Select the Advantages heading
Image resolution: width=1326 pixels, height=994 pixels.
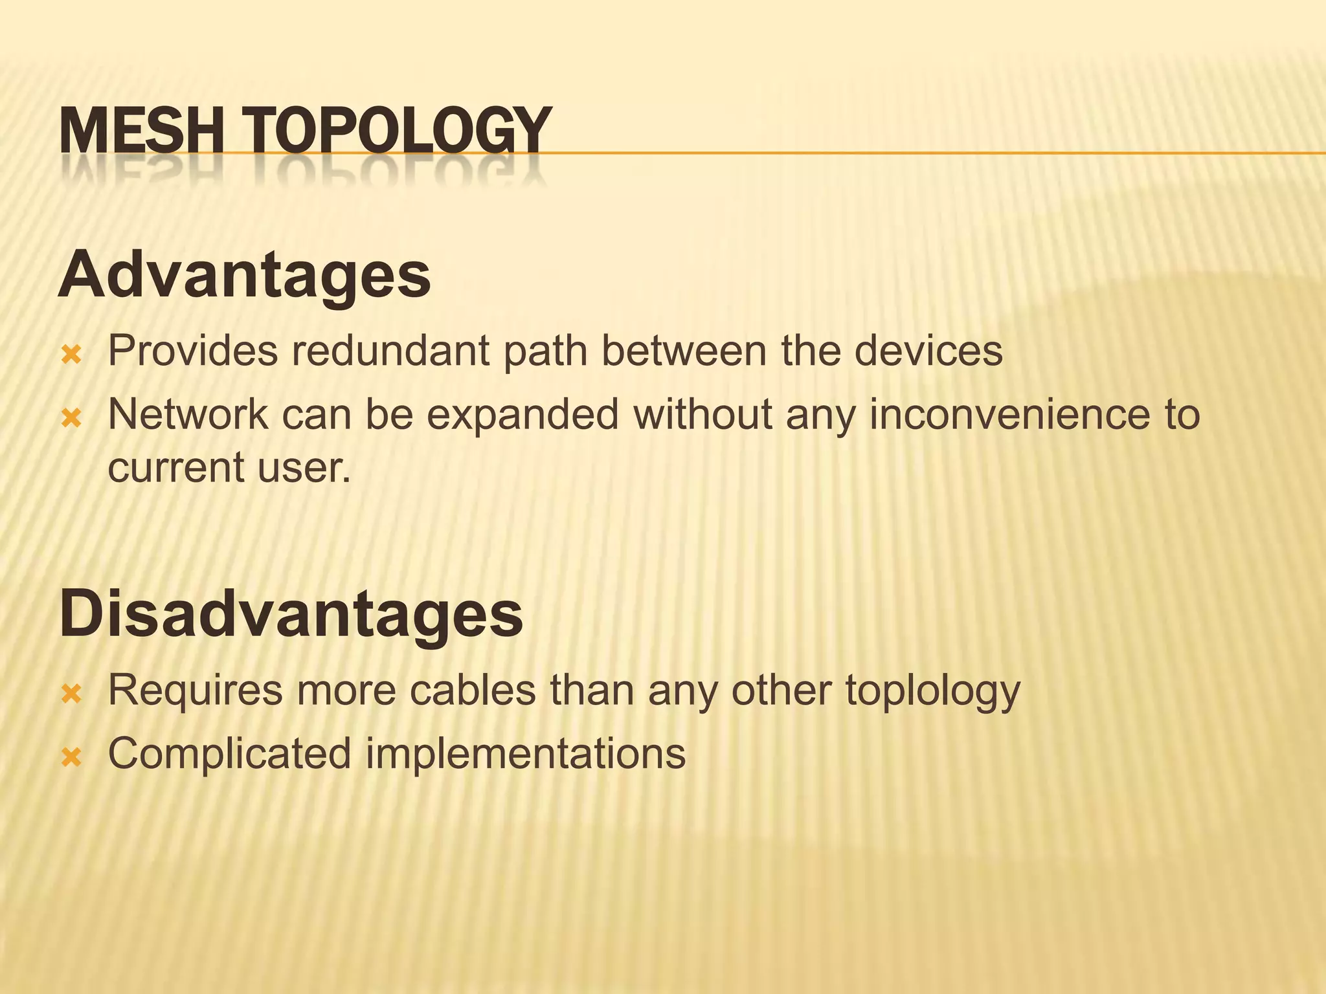click(245, 275)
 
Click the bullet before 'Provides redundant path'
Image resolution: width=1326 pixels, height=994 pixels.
click(71, 355)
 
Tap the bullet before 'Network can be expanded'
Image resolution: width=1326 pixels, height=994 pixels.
click(71, 418)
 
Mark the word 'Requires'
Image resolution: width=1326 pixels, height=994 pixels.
click(195, 690)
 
